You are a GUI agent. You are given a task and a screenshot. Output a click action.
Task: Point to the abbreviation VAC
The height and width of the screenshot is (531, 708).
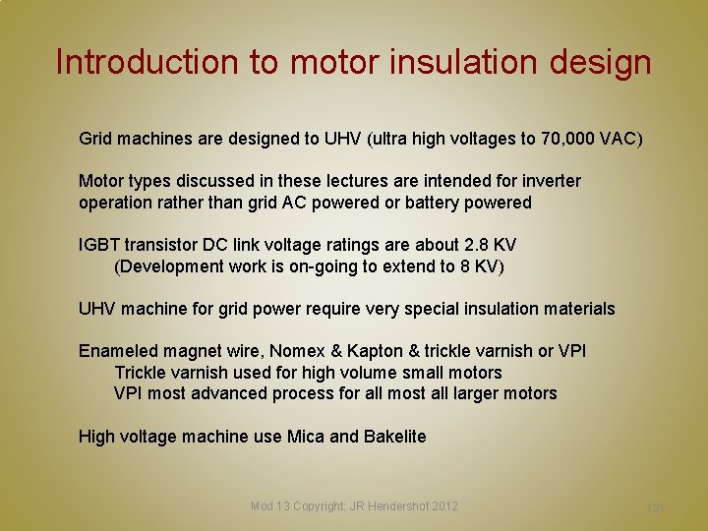621,139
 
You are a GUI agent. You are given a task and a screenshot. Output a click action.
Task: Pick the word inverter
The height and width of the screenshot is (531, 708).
551,181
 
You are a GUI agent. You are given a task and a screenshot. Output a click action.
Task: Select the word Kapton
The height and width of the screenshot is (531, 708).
384,351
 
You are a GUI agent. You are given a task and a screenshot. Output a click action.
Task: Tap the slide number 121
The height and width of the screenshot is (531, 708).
655,507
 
